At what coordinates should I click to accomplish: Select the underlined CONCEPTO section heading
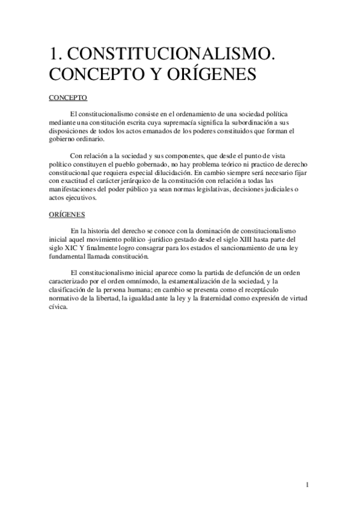pyautogui.click(x=68, y=96)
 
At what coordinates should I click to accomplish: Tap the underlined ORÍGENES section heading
pyautogui.click(x=67, y=214)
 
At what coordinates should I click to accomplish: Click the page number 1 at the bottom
pyautogui.click(x=307, y=485)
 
